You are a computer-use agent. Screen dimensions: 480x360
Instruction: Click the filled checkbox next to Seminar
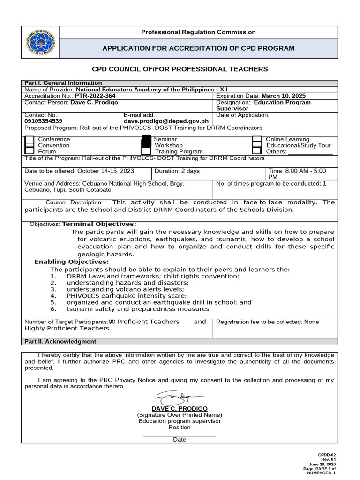(146, 140)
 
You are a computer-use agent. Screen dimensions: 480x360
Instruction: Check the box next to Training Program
(146, 151)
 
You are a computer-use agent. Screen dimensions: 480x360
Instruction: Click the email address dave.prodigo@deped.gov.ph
(166, 121)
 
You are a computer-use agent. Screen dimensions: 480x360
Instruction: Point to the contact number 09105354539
(43, 121)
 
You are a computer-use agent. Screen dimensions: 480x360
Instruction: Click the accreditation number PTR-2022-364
(95, 96)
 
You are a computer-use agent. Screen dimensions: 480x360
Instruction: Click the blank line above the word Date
(180, 435)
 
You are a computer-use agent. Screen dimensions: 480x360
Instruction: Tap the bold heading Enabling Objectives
(71, 262)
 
